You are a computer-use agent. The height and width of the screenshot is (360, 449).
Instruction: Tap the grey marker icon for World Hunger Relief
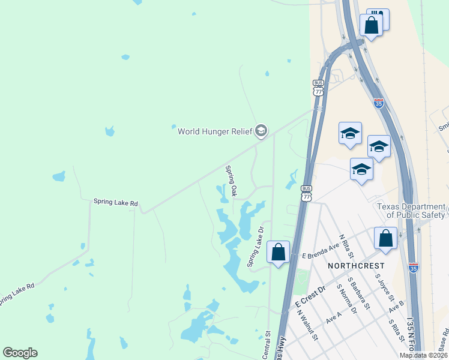pyautogui.click(x=261, y=130)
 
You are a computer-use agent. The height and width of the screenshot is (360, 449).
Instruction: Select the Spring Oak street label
pyautogui.click(x=231, y=181)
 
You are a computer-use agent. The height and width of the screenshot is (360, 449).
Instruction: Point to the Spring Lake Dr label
pyautogui.click(x=256, y=247)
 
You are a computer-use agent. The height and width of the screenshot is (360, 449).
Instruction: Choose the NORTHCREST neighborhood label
pyautogui.click(x=352, y=265)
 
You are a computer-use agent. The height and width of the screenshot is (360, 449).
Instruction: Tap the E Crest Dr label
pyautogui.click(x=310, y=298)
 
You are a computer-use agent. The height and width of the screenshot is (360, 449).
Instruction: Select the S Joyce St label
pyautogui.click(x=382, y=286)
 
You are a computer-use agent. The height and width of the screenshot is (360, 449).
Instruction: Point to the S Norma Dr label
pyautogui.click(x=346, y=301)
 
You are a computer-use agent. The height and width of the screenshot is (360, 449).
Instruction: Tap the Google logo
pyautogui.click(x=20, y=353)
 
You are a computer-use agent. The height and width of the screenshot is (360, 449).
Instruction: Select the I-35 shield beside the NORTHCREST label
pyautogui.click(x=414, y=267)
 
